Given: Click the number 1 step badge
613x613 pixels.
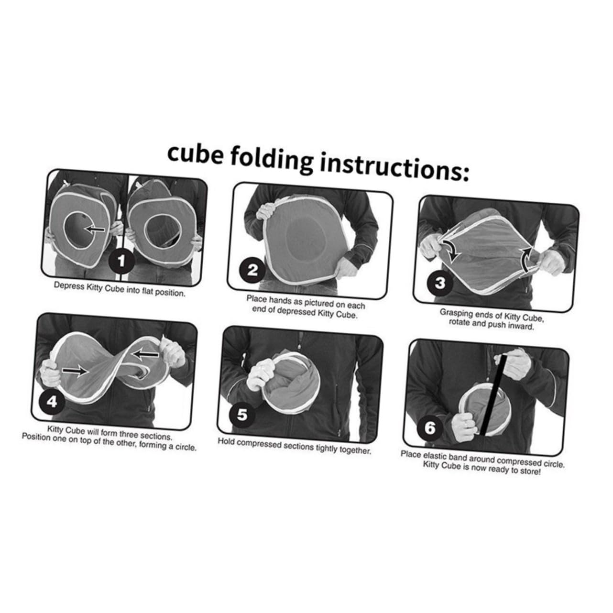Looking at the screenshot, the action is click(x=121, y=261).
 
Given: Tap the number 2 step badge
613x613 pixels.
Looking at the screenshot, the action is click(x=252, y=270).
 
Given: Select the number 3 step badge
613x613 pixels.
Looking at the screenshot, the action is click(x=440, y=283).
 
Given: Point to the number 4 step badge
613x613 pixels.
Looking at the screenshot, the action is click(x=52, y=402).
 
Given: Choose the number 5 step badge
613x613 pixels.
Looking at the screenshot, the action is click(x=242, y=415).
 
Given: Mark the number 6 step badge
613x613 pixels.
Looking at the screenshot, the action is click(x=430, y=428).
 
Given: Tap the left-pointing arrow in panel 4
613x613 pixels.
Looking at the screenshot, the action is click(x=145, y=355).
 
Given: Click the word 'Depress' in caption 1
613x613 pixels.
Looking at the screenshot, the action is click(x=66, y=285).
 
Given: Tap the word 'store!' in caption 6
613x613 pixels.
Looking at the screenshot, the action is click(x=530, y=471).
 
